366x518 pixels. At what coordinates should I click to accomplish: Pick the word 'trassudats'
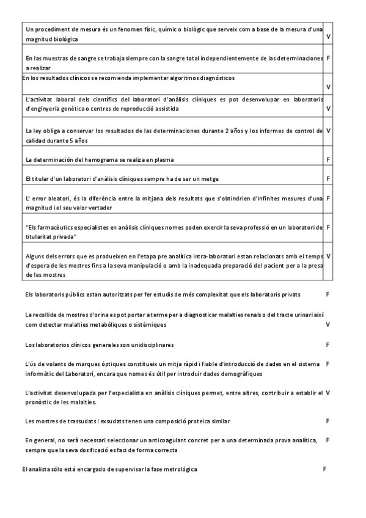click(x=73, y=421)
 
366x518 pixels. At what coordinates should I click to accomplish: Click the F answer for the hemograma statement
click(x=329, y=160)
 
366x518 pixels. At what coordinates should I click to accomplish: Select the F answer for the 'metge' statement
click(x=329, y=178)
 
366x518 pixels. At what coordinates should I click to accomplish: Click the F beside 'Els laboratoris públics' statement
click(x=328, y=294)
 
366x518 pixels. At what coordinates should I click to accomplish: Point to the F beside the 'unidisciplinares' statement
click(x=328, y=345)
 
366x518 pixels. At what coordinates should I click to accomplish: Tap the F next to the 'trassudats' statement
click(x=328, y=421)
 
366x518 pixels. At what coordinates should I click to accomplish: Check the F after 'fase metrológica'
click(x=324, y=469)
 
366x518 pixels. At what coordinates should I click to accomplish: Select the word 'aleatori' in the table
click(x=56, y=199)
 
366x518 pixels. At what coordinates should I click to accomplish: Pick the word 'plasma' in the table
click(x=163, y=160)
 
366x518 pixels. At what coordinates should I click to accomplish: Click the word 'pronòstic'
click(x=42, y=403)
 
